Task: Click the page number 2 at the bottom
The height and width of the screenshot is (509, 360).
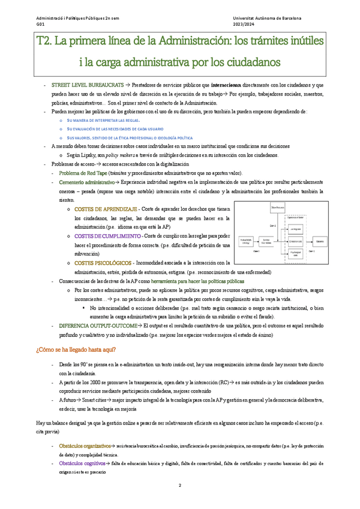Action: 179,485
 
